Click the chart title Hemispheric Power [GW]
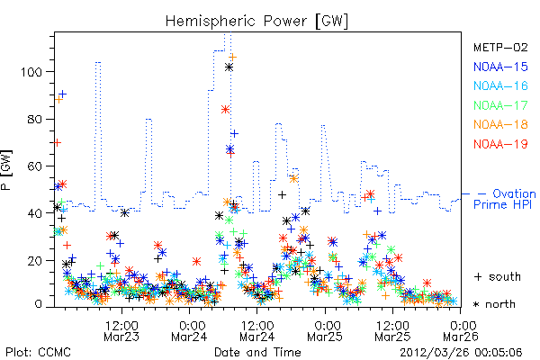(256, 21)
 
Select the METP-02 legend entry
(500, 47)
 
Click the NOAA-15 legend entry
(500, 67)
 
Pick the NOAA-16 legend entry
(500, 85)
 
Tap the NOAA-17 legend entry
(500, 105)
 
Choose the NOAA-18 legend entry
(500, 124)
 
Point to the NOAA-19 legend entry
(500, 144)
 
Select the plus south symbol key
(498, 276)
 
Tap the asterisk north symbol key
(494, 304)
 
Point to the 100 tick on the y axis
(31, 72)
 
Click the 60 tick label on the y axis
(34, 166)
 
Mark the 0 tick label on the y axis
(39, 304)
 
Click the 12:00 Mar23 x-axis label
(121, 331)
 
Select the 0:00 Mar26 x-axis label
(461, 331)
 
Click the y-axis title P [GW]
(7, 169)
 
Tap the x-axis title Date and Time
(257, 353)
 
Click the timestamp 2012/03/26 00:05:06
(461, 353)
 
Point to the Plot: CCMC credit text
(38, 353)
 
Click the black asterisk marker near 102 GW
(229, 67)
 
